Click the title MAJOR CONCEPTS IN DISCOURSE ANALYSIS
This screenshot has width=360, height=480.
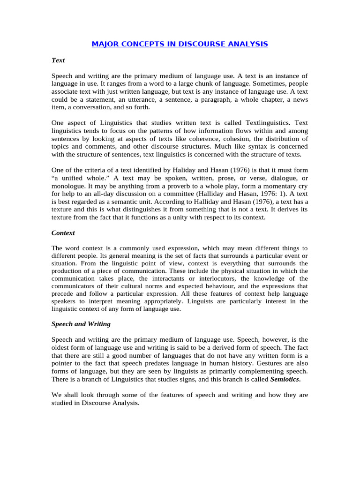(x=180, y=44)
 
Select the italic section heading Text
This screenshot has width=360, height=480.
(x=58, y=60)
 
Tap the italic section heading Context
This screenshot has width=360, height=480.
(x=63, y=232)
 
